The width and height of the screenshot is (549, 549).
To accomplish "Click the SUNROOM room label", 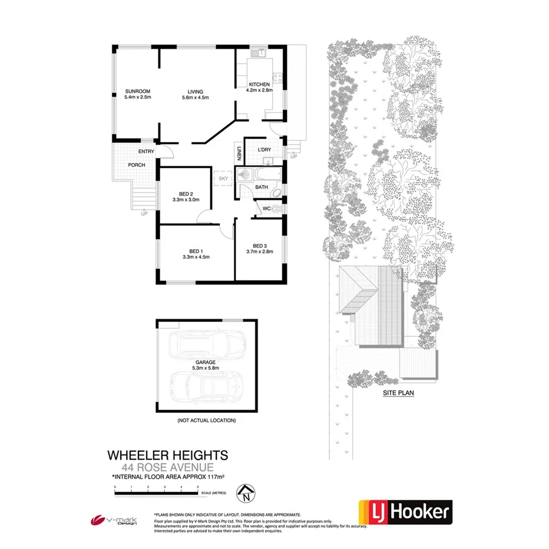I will tap(138, 91).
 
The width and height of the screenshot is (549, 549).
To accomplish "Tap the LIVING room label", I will tap(196, 92).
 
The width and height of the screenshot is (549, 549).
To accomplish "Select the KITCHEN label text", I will tap(259, 84).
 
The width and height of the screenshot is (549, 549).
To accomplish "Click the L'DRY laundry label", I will tap(264, 150).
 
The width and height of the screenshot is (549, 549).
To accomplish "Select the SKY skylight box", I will tap(223, 177).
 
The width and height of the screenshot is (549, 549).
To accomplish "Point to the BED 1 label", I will tap(196, 250).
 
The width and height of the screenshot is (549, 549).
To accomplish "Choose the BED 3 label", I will tap(260, 246).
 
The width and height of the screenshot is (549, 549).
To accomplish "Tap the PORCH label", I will tap(137, 165).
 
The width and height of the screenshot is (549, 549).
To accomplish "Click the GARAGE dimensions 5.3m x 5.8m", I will tap(206, 369).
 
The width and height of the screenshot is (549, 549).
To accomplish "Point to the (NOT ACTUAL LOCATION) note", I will tap(206, 421).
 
